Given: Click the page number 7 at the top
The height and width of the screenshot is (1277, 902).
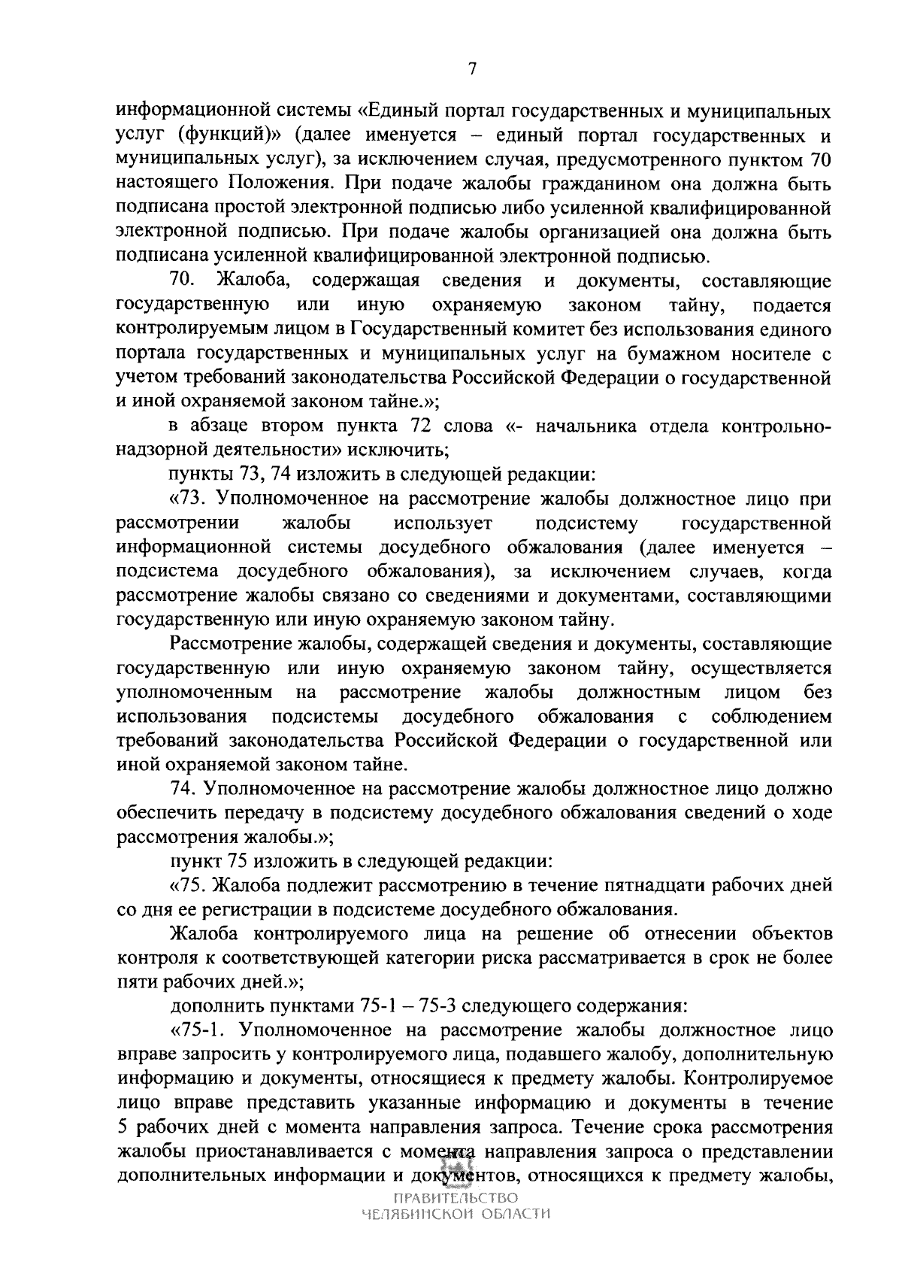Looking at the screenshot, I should coord(472,69).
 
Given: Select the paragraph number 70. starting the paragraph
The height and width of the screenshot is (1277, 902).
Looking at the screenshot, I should coord(183,281).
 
